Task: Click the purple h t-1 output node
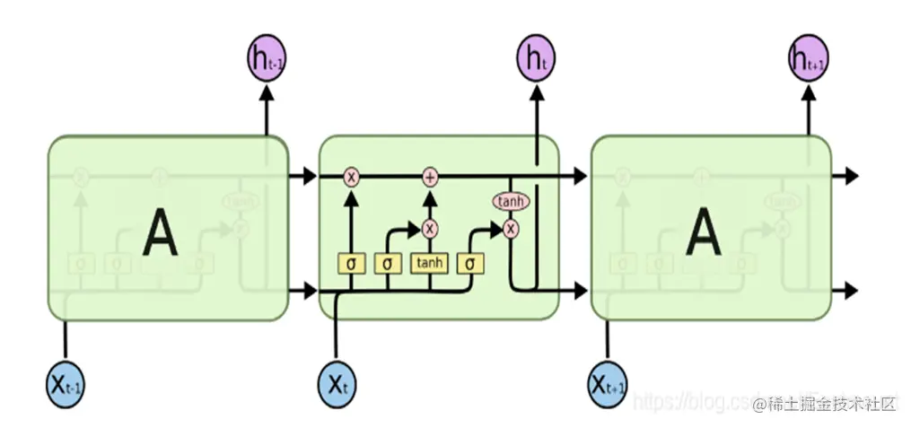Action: point(266,58)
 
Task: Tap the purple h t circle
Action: point(536,58)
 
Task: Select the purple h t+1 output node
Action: point(808,58)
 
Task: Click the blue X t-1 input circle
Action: point(66,385)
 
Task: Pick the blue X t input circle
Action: point(337,385)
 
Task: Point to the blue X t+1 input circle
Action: point(608,385)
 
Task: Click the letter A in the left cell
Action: point(160,235)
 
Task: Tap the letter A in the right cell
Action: point(703,235)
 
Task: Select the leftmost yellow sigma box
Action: point(350,264)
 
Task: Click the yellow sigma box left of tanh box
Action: point(387,264)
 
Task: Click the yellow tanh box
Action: point(429,264)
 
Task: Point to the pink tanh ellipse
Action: point(510,201)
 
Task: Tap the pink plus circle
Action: point(430,177)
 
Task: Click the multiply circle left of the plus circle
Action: point(351,177)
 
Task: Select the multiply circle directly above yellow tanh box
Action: point(430,228)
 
